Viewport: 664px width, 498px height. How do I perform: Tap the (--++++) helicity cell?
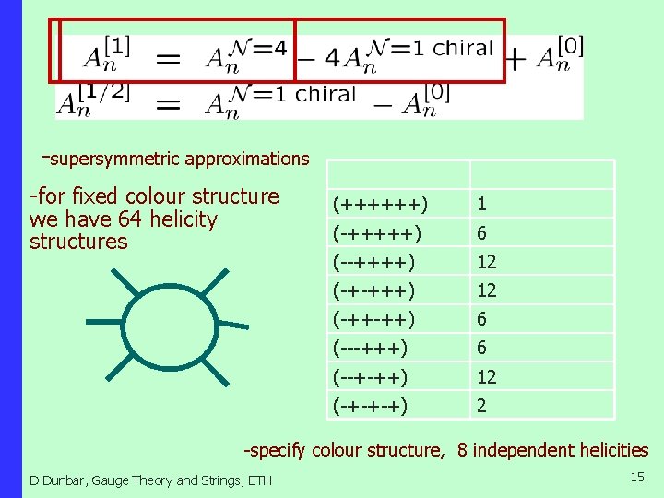click(x=373, y=262)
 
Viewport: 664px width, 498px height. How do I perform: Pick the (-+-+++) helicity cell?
click(x=373, y=290)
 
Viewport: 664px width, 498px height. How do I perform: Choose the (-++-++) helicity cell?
click(x=373, y=319)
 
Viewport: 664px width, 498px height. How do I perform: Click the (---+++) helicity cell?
click(x=371, y=348)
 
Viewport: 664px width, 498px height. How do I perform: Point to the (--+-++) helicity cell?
click(x=371, y=376)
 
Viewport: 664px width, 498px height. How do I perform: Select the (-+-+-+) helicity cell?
click(x=371, y=405)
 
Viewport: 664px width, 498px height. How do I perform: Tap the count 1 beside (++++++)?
click(x=481, y=204)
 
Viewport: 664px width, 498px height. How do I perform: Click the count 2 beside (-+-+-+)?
click(x=481, y=405)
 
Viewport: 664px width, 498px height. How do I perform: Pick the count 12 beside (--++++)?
click(x=486, y=262)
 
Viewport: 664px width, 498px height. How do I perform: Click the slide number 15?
click(x=636, y=477)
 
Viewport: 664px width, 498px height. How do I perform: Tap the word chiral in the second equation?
click(x=326, y=94)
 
